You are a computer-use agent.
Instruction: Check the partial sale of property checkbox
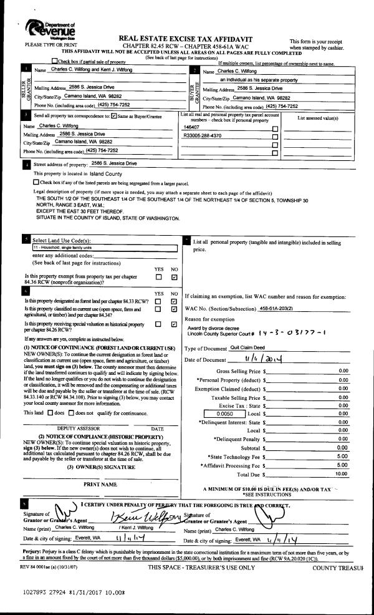tap(55, 62)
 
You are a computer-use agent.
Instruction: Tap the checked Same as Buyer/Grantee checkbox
tap(114, 116)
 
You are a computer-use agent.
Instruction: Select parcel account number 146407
tap(191, 127)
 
